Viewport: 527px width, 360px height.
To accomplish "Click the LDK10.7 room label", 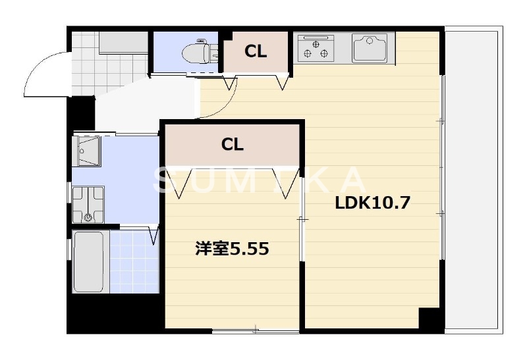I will coord(373,203).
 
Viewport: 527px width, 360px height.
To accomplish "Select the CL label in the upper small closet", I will coord(256,52).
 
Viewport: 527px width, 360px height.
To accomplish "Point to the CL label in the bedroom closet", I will coord(232,145).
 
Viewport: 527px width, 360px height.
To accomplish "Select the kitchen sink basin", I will coord(373,48).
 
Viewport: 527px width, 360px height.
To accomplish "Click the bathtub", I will coord(88,261).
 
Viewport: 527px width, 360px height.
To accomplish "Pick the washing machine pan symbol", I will coord(88,205).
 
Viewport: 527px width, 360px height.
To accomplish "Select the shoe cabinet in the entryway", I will coord(123,43).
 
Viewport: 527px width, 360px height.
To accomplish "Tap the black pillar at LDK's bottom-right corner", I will coord(431,320).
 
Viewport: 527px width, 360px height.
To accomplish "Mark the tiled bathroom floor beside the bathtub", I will coord(133,261).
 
